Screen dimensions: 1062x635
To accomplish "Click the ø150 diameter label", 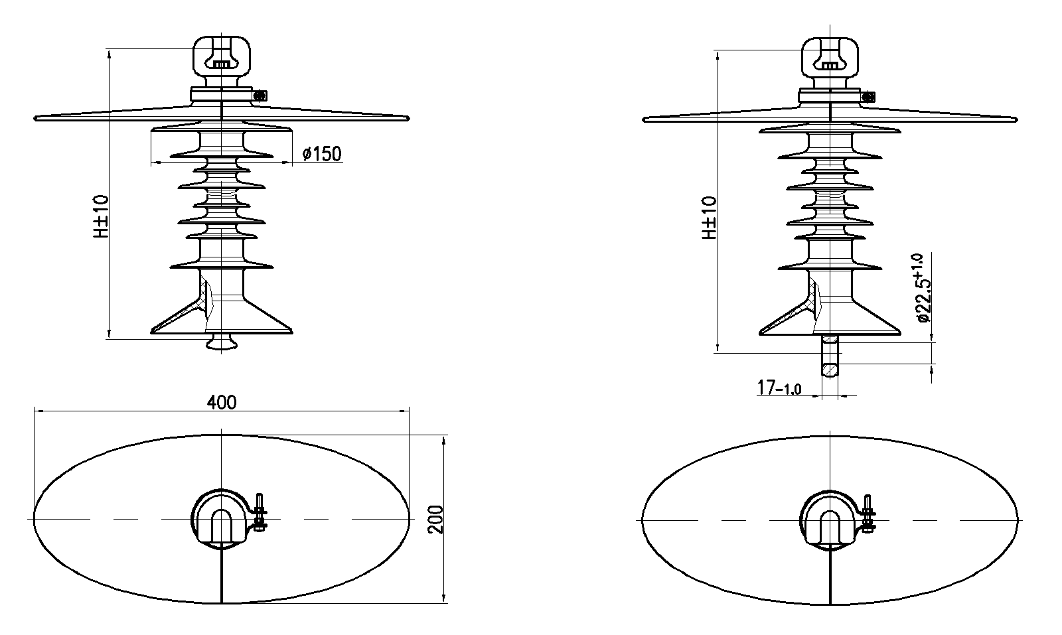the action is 322,153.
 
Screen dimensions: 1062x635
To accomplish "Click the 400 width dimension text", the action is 222,402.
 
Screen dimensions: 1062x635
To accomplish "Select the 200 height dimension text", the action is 435,520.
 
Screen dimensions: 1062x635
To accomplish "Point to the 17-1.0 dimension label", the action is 779,388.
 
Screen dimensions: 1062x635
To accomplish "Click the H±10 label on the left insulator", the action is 101,216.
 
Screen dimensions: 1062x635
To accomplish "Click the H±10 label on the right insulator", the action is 709,218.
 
